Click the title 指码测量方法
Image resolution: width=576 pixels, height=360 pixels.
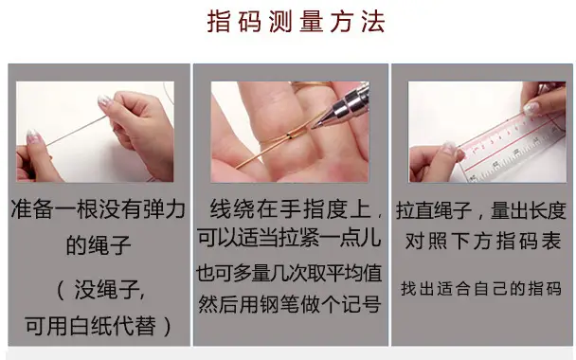click(x=297, y=22)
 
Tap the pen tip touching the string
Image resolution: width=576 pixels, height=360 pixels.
click(x=313, y=127)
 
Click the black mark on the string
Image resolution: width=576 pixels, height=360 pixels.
click(x=290, y=137)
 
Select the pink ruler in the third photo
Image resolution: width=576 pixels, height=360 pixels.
click(x=513, y=148)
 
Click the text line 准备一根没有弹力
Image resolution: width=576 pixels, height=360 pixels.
click(x=99, y=209)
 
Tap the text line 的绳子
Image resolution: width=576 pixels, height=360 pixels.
click(x=99, y=245)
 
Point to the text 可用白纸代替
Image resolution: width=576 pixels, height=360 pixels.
click(x=90, y=326)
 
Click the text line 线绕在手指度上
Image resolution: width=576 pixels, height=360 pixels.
click(x=290, y=208)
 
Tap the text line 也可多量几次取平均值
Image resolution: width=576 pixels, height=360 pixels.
click(x=289, y=273)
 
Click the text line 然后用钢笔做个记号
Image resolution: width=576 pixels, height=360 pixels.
click(x=290, y=304)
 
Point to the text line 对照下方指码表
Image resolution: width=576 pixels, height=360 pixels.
click(x=483, y=242)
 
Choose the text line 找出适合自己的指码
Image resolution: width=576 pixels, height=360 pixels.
click(x=481, y=289)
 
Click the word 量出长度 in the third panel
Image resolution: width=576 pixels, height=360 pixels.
click(x=529, y=210)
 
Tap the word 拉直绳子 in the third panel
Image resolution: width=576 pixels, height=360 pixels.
click(x=434, y=210)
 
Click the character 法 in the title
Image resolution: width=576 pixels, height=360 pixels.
click(x=373, y=22)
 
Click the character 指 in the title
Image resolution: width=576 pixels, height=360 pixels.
click(x=219, y=22)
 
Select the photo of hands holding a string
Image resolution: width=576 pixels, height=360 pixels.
click(x=95, y=132)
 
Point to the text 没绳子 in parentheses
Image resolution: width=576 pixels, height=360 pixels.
click(x=107, y=290)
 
